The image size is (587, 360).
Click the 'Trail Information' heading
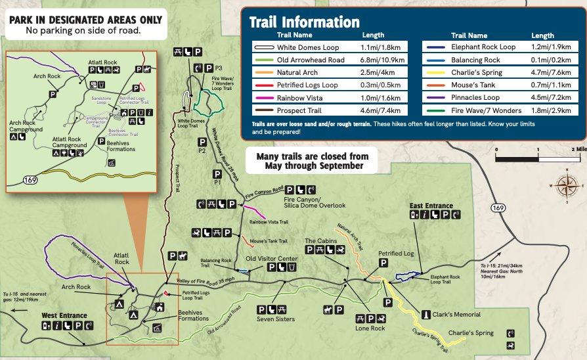(x=304, y=22)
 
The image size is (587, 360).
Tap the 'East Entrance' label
(x=431, y=206)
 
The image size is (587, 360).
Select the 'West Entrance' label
(x=64, y=315)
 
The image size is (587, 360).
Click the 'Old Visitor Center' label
(x=271, y=258)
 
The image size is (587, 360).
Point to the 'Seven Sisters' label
(x=276, y=319)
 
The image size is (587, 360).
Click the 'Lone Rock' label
(x=370, y=328)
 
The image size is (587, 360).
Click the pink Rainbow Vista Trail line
(x=255, y=213)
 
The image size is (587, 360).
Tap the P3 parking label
(x=219, y=68)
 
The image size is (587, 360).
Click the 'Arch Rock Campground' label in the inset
(x=26, y=126)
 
